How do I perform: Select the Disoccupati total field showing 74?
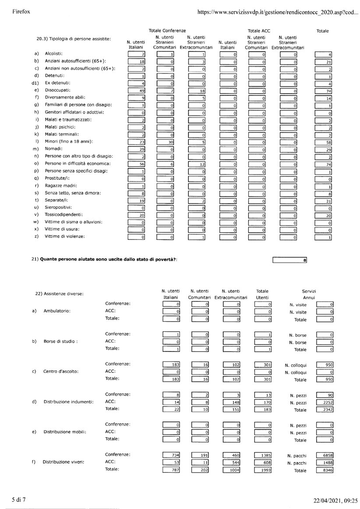[x=323, y=90]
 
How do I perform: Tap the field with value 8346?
[x=325, y=470]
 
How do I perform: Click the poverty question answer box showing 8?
[x=289, y=260]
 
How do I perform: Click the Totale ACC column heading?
[x=259, y=31]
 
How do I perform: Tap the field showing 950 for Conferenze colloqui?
[x=325, y=365]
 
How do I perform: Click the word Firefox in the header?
[x=21, y=12]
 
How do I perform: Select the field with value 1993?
[x=263, y=470]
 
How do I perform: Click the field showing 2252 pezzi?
[x=325, y=402]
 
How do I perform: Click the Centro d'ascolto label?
[x=61, y=372]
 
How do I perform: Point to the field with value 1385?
[x=263, y=455]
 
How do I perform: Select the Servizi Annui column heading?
[x=309, y=295]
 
